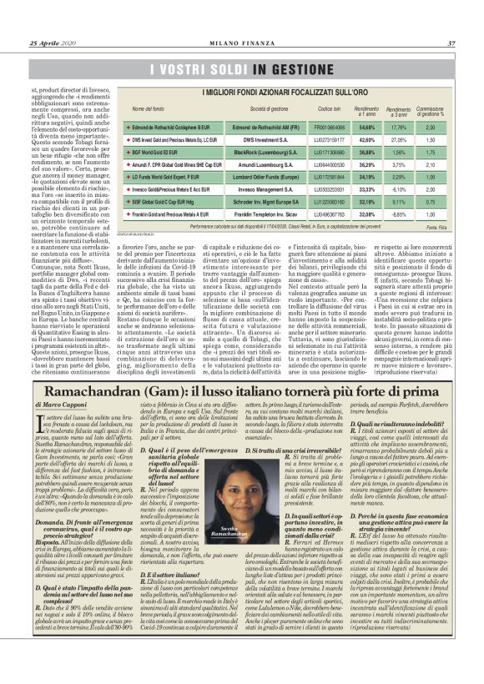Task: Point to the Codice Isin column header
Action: tap(330, 109)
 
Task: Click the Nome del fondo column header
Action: tap(148, 109)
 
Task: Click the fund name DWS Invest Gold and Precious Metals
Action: tap(167, 140)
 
